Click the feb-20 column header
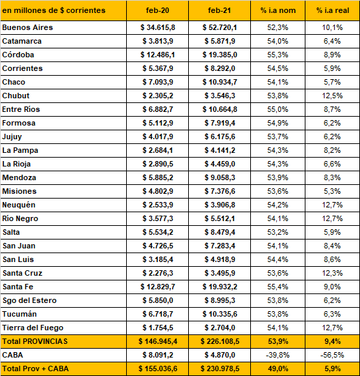tap(157, 10)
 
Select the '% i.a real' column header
tap(333, 10)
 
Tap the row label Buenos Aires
tap(27, 27)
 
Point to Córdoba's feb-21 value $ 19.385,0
tap(220, 55)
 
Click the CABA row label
tap(12, 355)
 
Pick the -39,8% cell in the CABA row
tap(277, 355)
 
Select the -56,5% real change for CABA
tap(332, 355)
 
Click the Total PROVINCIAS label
tap(35, 341)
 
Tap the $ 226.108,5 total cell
tap(220, 341)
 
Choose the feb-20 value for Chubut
tap(157, 96)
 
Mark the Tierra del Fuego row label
tap(33, 328)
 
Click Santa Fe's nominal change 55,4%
tap(277, 287)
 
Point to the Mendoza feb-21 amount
tap(220, 177)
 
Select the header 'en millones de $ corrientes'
tap(54, 10)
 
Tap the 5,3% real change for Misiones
tap(332, 191)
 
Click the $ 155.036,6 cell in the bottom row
tap(157, 368)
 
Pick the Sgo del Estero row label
tap(29, 300)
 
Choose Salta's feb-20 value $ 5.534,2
tap(157, 232)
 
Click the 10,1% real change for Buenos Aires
tap(332, 27)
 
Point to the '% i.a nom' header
tap(278, 10)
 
